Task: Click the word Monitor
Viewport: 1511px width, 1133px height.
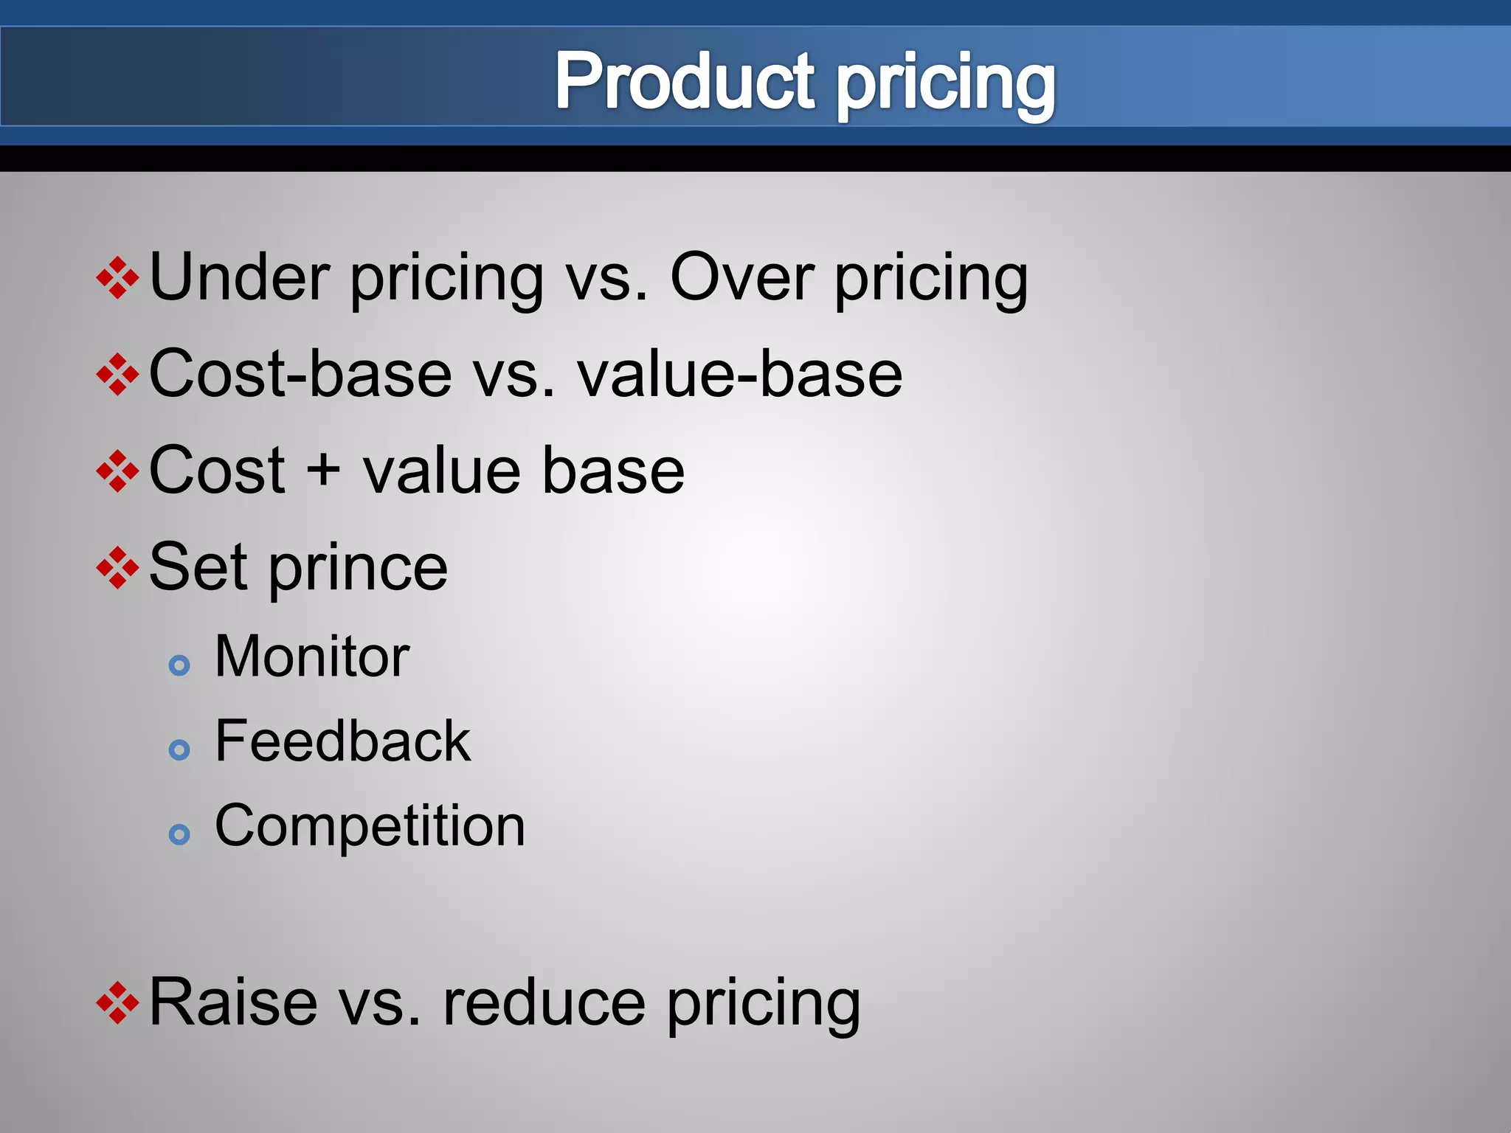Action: pyautogui.click(x=312, y=656)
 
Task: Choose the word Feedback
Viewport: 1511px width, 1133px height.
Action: pyautogui.click(x=342, y=741)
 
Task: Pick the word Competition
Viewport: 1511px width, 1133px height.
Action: pyautogui.click(x=370, y=826)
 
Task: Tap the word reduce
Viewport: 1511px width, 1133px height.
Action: pyautogui.click(x=544, y=1002)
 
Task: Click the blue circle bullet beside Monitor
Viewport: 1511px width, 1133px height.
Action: pyautogui.click(x=179, y=666)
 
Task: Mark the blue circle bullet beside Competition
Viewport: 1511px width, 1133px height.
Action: pyautogui.click(x=179, y=835)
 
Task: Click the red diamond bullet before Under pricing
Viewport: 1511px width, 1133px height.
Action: pyautogui.click(x=118, y=278)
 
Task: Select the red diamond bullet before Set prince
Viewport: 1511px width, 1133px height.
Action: pyautogui.click(x=118, y=568)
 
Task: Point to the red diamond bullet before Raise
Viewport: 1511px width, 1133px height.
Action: pyautogui.click(x=118, y=1002)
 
